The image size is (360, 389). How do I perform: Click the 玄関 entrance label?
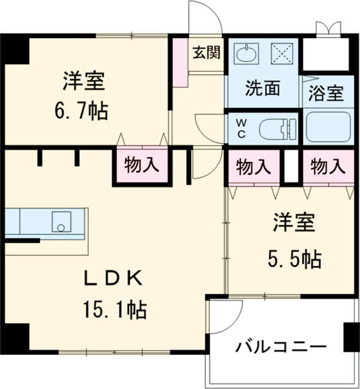point(206,53)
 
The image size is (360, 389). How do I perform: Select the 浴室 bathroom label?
point(326,94)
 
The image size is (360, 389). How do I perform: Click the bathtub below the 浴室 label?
point(328,128)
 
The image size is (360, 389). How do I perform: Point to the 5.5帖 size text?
point(293,259)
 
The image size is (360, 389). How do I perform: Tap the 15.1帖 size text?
point(115,310)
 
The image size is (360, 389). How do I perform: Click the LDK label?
point(113,279)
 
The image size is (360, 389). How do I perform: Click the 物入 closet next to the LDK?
point(142,165)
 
